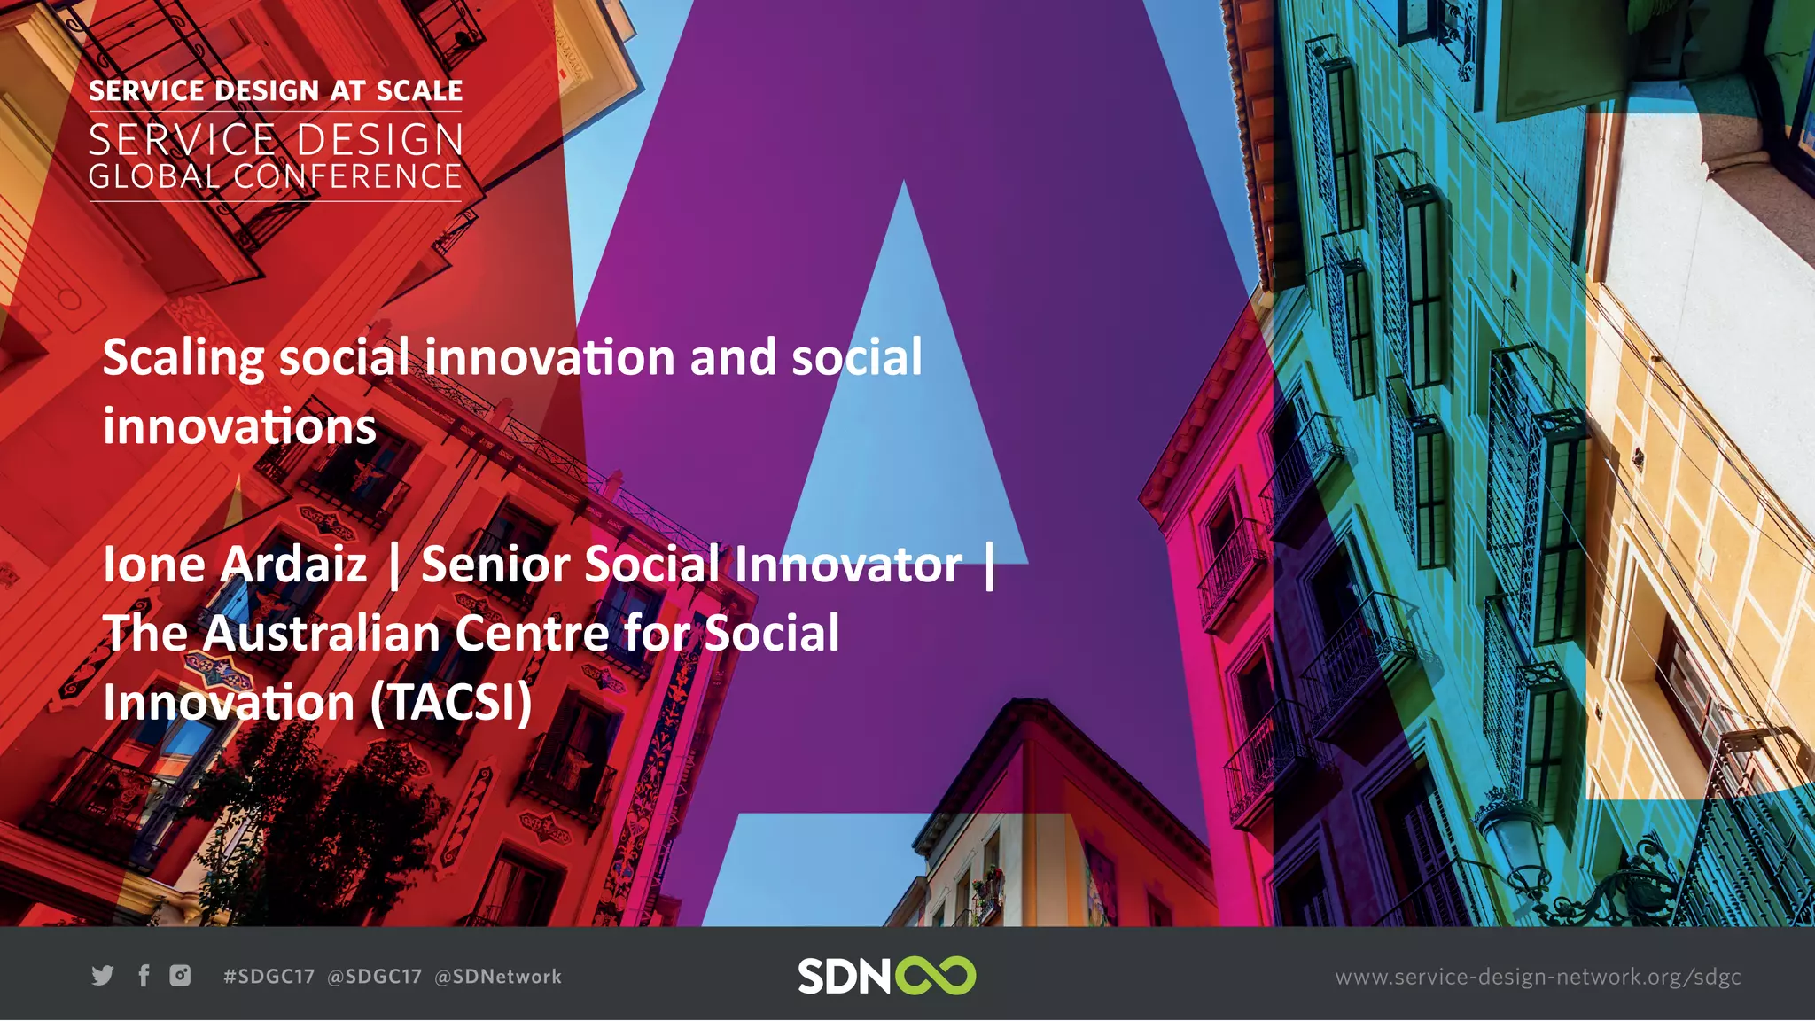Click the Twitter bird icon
point(103,976)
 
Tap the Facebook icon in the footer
point(144,976)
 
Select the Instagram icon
point(180,976)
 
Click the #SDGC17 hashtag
point(269,977)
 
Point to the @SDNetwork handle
point(498,977)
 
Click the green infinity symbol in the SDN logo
point(935,976)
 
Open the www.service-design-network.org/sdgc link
point(1538,977)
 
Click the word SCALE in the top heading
point(419,91)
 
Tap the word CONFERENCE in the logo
point(347,176)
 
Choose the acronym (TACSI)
point(451,703)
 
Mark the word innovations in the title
point(239,427)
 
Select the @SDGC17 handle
point(374,977)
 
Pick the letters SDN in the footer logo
point(844,976)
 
